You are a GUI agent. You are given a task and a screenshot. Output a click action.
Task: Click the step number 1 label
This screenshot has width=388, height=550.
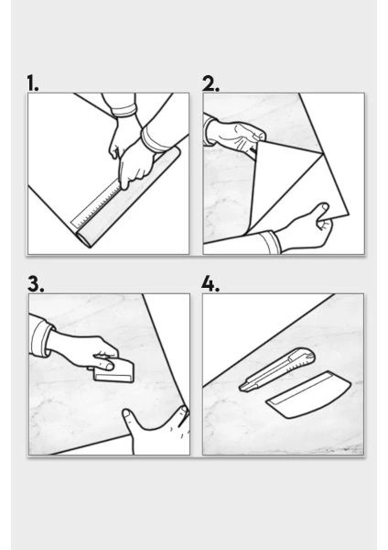[x=33, y=83]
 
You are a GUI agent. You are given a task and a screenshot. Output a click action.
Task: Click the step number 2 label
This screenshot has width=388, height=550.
[x=210, y=83]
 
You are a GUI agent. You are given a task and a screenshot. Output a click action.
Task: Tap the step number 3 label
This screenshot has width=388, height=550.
[x=36, y=284]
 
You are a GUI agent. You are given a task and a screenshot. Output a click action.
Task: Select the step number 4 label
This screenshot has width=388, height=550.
[x=210, y=284]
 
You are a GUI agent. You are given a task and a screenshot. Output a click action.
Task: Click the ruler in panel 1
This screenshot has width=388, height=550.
[x=99, y=203]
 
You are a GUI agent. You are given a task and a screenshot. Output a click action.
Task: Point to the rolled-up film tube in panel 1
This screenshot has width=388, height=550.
[x=128, y=197]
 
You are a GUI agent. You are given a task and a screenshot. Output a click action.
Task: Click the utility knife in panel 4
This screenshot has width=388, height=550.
[x=276, y=369]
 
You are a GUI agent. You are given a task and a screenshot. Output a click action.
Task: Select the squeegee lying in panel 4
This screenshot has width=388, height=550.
[x=308, y=395]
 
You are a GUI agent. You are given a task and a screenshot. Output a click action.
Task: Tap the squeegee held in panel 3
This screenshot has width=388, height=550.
[x=114, y=371]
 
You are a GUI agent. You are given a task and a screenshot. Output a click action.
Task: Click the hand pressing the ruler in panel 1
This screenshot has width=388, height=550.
[x=135, y=165]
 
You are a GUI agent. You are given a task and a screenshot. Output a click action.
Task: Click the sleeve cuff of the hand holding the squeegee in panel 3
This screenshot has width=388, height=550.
[x=41, y=337]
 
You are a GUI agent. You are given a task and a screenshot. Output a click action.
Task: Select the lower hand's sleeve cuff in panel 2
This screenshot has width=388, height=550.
[x=270, y=242]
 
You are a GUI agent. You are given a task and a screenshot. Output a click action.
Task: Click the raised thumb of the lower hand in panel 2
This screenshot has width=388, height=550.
[x=320, y=211]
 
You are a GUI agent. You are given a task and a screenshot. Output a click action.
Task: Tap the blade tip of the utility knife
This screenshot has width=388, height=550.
[x=241, y=388]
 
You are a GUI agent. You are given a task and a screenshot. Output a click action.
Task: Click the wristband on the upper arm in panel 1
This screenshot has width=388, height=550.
[x=124, y=111]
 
